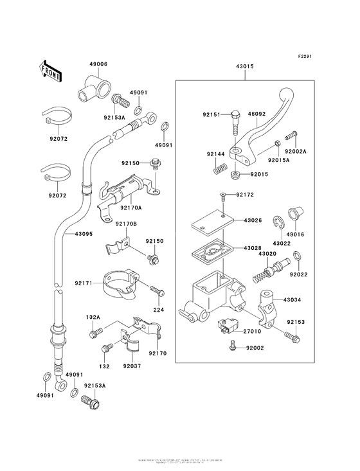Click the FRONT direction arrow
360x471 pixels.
pyautogui.click(x=51, y=69)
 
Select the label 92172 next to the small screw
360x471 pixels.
pyautogui.click(x=246, y=195)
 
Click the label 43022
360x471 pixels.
pyautogui.click(x=282, y=244)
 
